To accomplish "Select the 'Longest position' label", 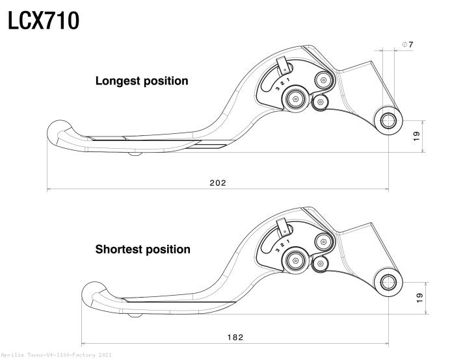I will (142, 81).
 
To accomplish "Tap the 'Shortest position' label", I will (143, 249).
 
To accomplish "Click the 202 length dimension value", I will (218, 183).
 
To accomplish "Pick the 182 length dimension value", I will (235, 337).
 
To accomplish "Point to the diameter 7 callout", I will (408, 44).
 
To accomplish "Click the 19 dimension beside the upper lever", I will (416, 136).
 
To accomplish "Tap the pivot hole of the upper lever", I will (389, 121).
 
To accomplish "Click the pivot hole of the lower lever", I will (389, 282).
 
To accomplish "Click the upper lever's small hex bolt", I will (320, 102).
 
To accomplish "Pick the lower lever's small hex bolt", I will (320, 264).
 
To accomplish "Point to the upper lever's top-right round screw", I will (323, 80).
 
